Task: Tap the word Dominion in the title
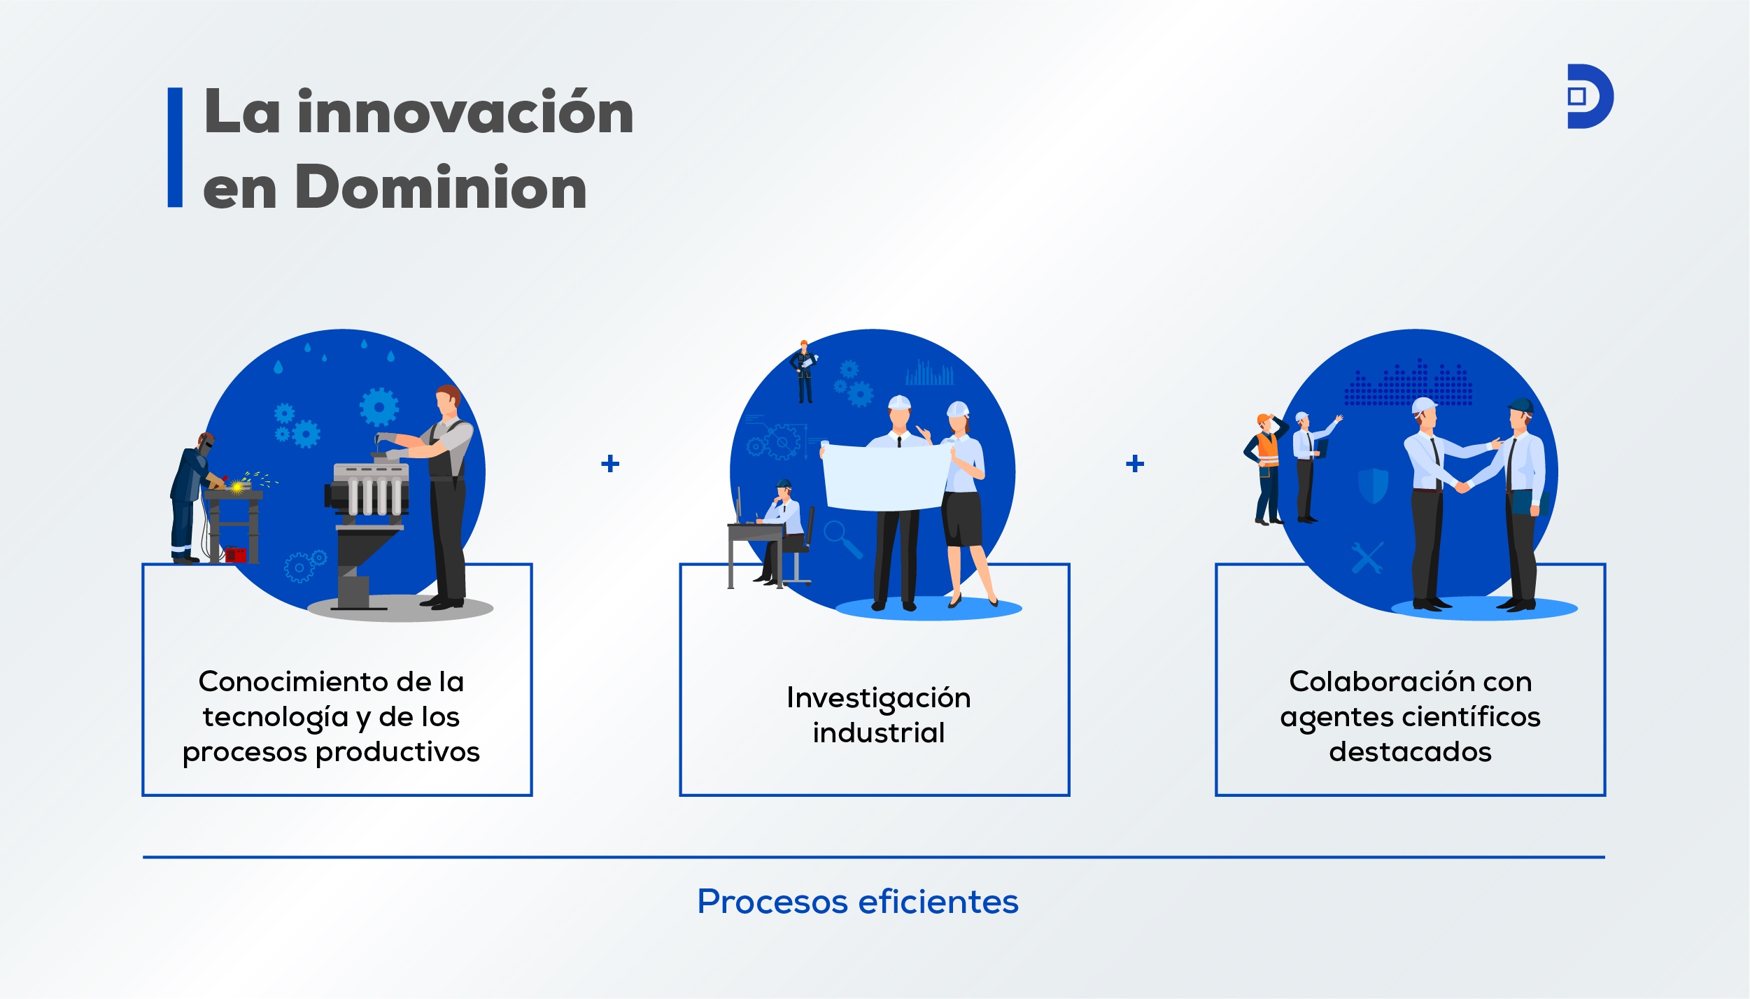(441, 187)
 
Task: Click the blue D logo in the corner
(1590, 97)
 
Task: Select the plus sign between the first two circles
(610, 463)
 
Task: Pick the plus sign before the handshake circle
(1135, 463)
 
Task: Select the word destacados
(1410, 751)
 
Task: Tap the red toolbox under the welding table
(236, 555)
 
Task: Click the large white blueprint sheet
(887, 476)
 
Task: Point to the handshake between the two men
(1462, 486)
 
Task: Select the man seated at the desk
(782, 532)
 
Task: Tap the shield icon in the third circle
(1373, 486)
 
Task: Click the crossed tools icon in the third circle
(1367, 558)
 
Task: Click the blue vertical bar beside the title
(175, 147)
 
